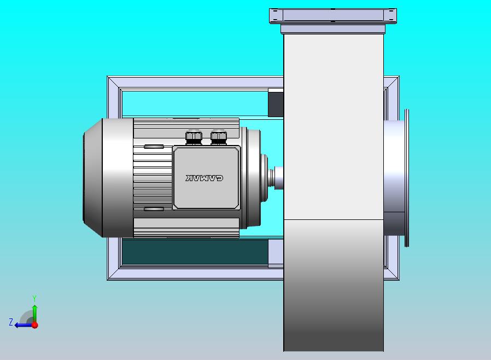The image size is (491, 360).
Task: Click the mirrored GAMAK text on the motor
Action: point(204,178)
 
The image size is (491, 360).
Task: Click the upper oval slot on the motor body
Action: point(154,147)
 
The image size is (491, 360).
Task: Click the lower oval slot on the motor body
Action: point(154,209)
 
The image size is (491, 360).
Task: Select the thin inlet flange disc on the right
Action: point(407,178)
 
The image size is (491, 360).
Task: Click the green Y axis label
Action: point(34,298)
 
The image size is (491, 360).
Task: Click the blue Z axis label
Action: point(10,322)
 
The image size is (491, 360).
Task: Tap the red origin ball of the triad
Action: point(34,325)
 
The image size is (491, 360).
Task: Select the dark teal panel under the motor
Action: point(194,252)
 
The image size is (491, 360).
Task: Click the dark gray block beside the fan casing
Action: point(276,103)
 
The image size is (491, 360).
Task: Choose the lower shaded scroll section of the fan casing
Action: point(334,284)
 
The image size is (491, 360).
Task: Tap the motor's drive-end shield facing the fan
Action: point(253,178)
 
